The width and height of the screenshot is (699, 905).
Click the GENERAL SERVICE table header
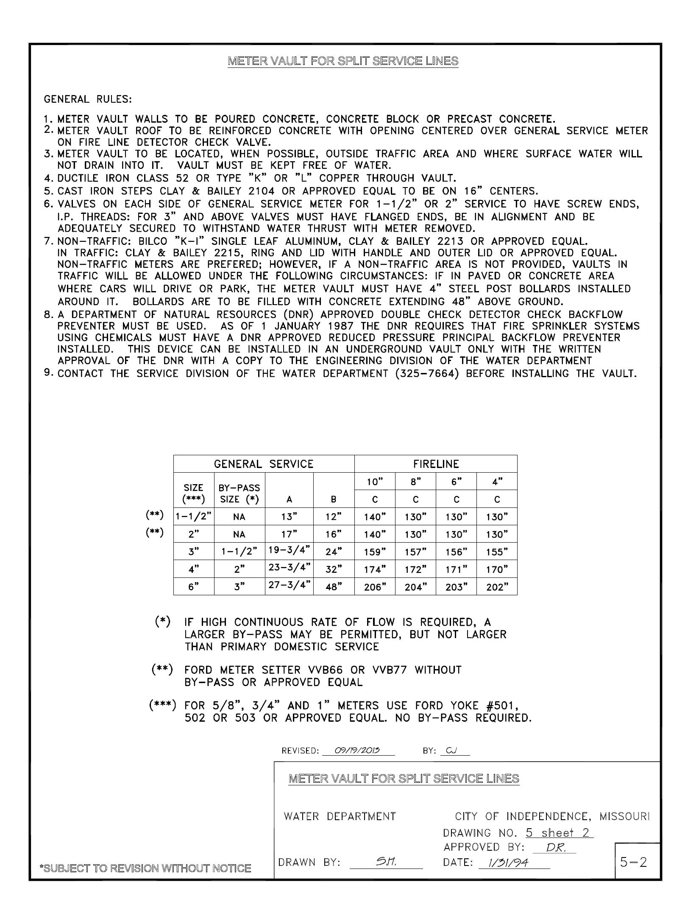(x=263, y=464)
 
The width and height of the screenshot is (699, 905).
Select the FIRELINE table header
(x=436, y=464)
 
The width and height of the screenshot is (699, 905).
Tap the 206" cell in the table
(x=374, y=587)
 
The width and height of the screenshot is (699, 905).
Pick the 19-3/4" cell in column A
(x=289, y=551)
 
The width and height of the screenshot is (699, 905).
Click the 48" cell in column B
(x=334, y=587)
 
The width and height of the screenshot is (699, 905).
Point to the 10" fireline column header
(x=374, y=482)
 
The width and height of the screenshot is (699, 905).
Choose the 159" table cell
(x=374, y=552)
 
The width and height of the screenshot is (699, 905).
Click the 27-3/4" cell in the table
(x=289, y=586)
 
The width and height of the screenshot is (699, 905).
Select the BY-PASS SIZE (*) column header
(x=239, y=493)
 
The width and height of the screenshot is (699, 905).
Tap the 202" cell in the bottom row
(x=496, y=587)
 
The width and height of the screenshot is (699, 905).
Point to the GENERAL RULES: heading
(x=88, y=100)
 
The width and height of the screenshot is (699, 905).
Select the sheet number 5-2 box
(x=634, y=863)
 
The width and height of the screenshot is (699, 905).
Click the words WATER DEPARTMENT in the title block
(x=340, y=816)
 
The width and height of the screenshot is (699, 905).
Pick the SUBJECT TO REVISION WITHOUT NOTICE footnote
(x=145, y=868)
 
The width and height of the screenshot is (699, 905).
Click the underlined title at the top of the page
(x=343, y=61)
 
